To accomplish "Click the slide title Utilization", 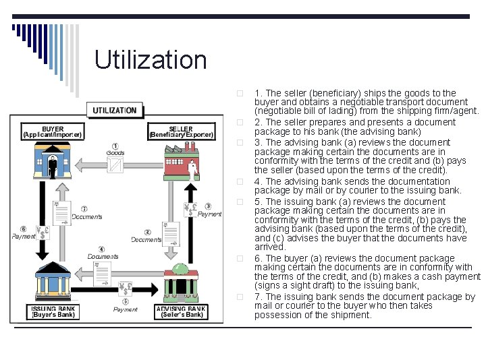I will click(151, 60).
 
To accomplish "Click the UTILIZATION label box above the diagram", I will click(114, 110).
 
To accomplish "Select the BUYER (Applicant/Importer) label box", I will click(53, 131).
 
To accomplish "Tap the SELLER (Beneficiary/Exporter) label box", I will click(180, 131).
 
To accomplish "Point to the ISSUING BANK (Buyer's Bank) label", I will click(53, 311).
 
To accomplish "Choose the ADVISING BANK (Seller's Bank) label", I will click(180, 311).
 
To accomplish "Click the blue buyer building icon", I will click(53, 162).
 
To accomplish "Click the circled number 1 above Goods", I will click(115, 146).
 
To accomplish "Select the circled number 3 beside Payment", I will click(208, 206).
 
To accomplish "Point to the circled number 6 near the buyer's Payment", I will click(24, 229).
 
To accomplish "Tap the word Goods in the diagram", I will click(115, 154).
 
